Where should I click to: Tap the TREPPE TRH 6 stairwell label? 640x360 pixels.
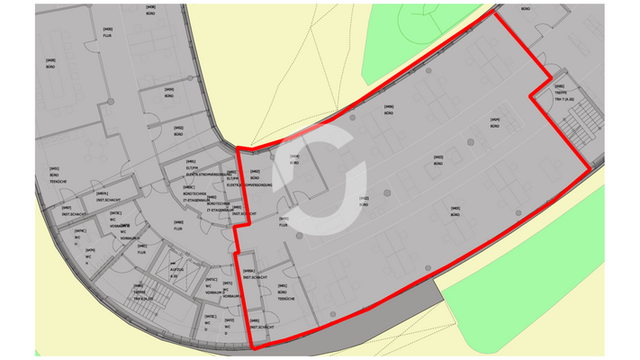(139, 293)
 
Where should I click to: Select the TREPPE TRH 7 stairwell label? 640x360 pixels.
(559, 94)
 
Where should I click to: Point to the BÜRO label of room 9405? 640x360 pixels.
(455, 212)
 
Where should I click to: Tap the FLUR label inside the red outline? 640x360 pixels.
(283, 222)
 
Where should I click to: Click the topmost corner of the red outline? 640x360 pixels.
(494, 13)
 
